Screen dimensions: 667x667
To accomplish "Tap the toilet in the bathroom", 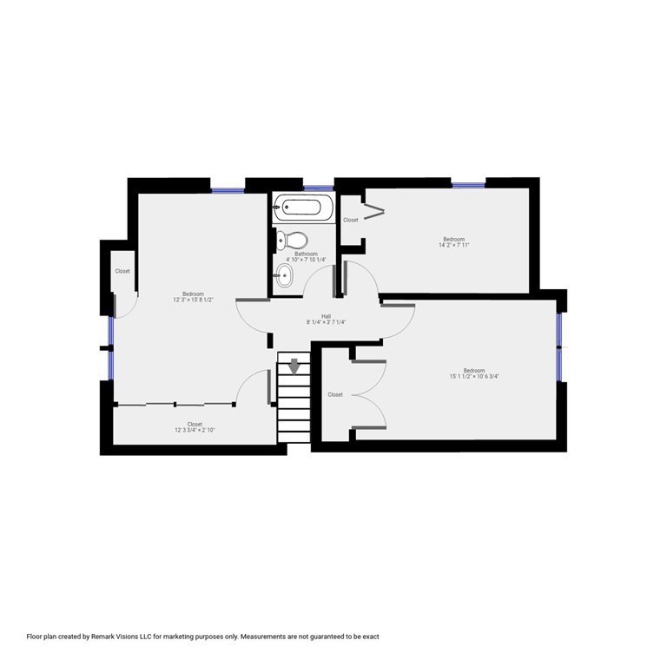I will [294, 240].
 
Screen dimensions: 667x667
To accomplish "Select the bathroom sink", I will [285, 277].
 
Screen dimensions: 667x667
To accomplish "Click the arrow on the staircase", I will [294, 366].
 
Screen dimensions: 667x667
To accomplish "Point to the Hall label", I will [326, 316].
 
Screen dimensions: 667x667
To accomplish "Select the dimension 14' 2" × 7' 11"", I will [453, 246].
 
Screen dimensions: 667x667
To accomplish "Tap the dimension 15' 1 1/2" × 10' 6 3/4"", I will [474, 376].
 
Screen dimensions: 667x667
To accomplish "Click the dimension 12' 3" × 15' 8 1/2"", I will [193, 300].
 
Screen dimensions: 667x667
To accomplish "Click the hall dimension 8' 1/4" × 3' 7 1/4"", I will [326, 322].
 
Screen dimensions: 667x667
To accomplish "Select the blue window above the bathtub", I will [319, 188].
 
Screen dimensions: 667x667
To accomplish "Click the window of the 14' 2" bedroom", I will [468, 184].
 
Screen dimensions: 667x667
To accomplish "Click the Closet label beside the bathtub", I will [351, 220].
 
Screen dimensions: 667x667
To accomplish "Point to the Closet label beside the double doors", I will [335, 394].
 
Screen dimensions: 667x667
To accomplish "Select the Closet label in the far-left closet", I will [122, 271].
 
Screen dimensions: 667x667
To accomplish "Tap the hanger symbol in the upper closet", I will [375, 211].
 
